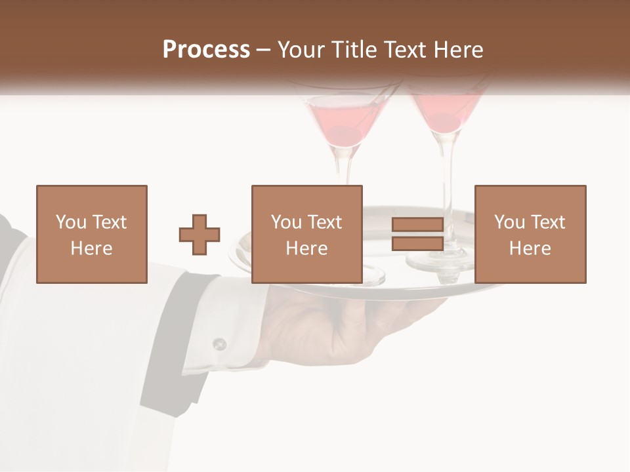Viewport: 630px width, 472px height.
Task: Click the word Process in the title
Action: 206,50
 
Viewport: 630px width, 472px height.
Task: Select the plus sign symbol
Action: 199,235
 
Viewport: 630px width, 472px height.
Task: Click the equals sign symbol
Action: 417,234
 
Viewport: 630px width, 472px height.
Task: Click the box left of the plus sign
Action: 91,234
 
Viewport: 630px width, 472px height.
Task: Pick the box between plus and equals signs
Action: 306,234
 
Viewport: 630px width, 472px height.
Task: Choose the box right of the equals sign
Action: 530,234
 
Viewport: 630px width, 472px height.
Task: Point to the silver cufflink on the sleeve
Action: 219,344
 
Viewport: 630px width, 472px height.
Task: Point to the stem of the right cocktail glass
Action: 447,170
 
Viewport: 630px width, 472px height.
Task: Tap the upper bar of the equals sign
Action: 417,225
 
